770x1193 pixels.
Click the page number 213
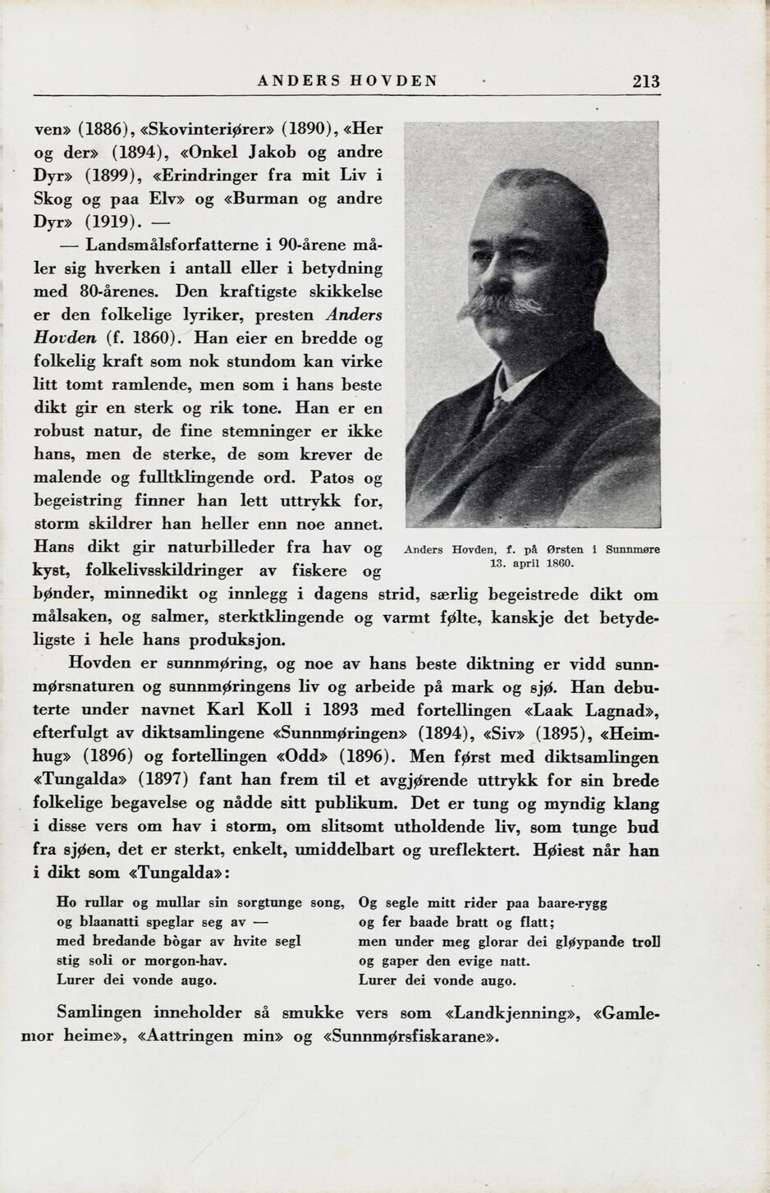pyautogui.click(x=645, y=81)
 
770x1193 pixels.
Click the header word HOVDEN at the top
pyautogui.click(x=394, y=81)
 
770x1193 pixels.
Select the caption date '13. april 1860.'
pyautogui.click(x=532, y=563)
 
